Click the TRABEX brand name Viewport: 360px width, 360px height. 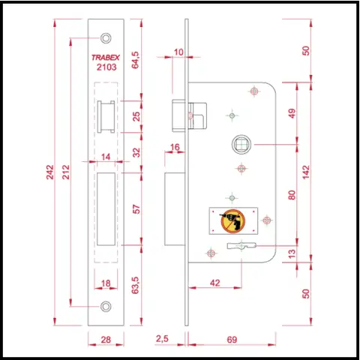tap(106, 58)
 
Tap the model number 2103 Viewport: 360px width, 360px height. tap(106, 67)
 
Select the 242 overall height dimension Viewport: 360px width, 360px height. tap(50, 172)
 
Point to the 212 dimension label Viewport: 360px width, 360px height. tap(66, 172)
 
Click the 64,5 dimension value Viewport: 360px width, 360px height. tap(135, 60)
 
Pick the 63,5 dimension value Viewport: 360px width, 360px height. tap(135, 285)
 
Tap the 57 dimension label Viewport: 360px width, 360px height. tap(136, 209)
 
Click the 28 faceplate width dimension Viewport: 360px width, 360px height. tap(106, 340)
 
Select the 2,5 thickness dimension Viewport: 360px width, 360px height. tap(162, 339)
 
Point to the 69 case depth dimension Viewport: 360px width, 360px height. tap(232, 340)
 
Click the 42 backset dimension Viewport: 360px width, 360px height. tap(215, 283)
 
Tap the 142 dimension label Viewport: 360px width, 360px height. tap(306, 172)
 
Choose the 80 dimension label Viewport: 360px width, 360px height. tap(292, 195)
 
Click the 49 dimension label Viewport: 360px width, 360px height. tap(292, 113)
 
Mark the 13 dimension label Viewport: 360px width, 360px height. tap(292, 253)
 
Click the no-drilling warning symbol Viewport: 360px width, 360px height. tap(233, 221)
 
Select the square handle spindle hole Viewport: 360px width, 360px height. tap(241, 145)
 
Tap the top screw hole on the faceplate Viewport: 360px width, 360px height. tap(106, 38)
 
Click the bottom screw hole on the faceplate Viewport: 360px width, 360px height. tap(106, 306)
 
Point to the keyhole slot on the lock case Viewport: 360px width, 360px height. tap(241, 246)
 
